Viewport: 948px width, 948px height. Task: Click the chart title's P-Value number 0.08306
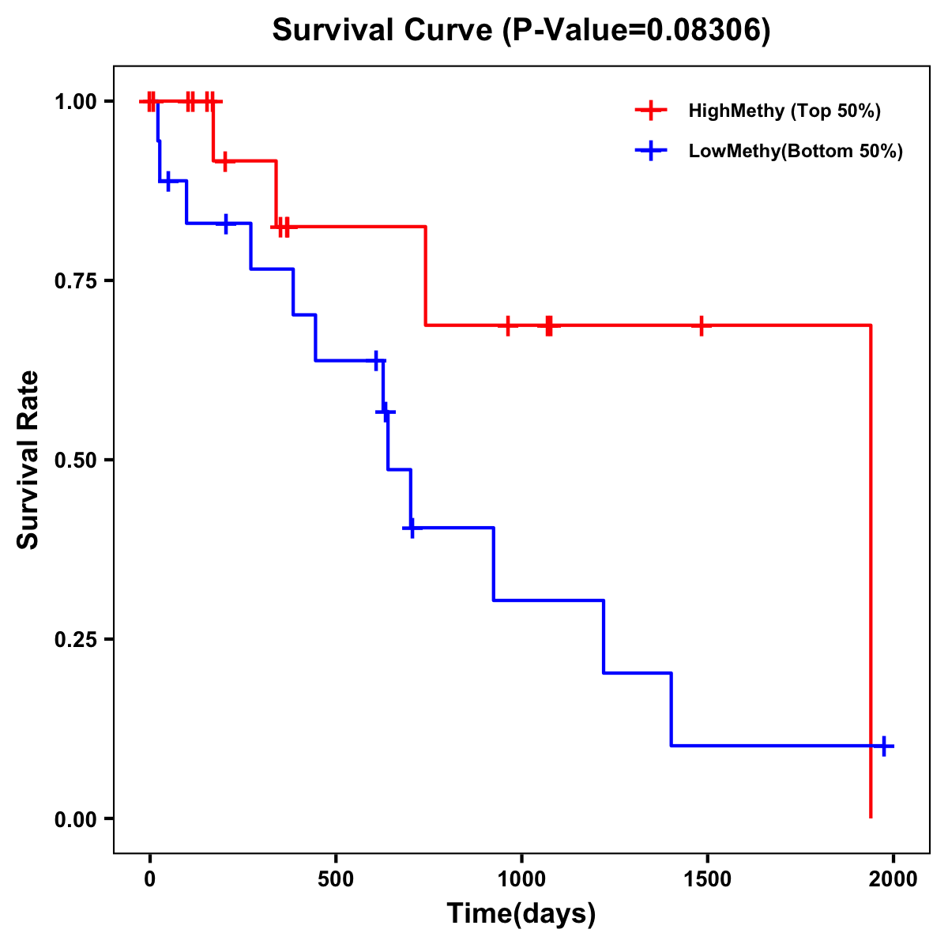[x=705, y=31]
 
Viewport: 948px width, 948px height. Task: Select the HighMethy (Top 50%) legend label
[x=784, y=111]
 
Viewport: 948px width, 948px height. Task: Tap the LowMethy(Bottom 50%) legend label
[x=796, y=151]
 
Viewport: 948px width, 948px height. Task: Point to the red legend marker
[x=651, y=111]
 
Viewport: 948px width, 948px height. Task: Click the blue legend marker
[x=651, y=151]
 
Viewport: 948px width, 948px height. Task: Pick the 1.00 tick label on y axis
[x=76, y=102]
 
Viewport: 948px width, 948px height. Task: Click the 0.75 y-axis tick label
[x=76, y=281]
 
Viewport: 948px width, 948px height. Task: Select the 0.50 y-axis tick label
[x=76, y=461]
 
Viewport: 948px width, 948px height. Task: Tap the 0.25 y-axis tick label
[x=76, y=640]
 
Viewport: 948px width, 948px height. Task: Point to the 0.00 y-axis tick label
[x=76, y=819]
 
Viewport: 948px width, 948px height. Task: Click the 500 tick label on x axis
[x=336, y=879]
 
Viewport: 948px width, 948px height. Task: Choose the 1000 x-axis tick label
[x=521, y=879]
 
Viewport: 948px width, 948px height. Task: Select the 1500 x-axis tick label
[x=707, y=879]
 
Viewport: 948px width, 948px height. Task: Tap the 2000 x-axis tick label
[x=893, y=879]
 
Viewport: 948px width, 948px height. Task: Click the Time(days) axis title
[x=521, y=914]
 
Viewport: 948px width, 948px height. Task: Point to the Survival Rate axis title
[x=28, y=460]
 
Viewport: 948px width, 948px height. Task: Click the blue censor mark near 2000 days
[x=884, y=746]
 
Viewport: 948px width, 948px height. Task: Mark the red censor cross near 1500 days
[x=701, y=325]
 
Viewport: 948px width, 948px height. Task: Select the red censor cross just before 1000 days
[x=508, y=325]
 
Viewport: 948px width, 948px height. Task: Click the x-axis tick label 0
[x=149, y=879]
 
